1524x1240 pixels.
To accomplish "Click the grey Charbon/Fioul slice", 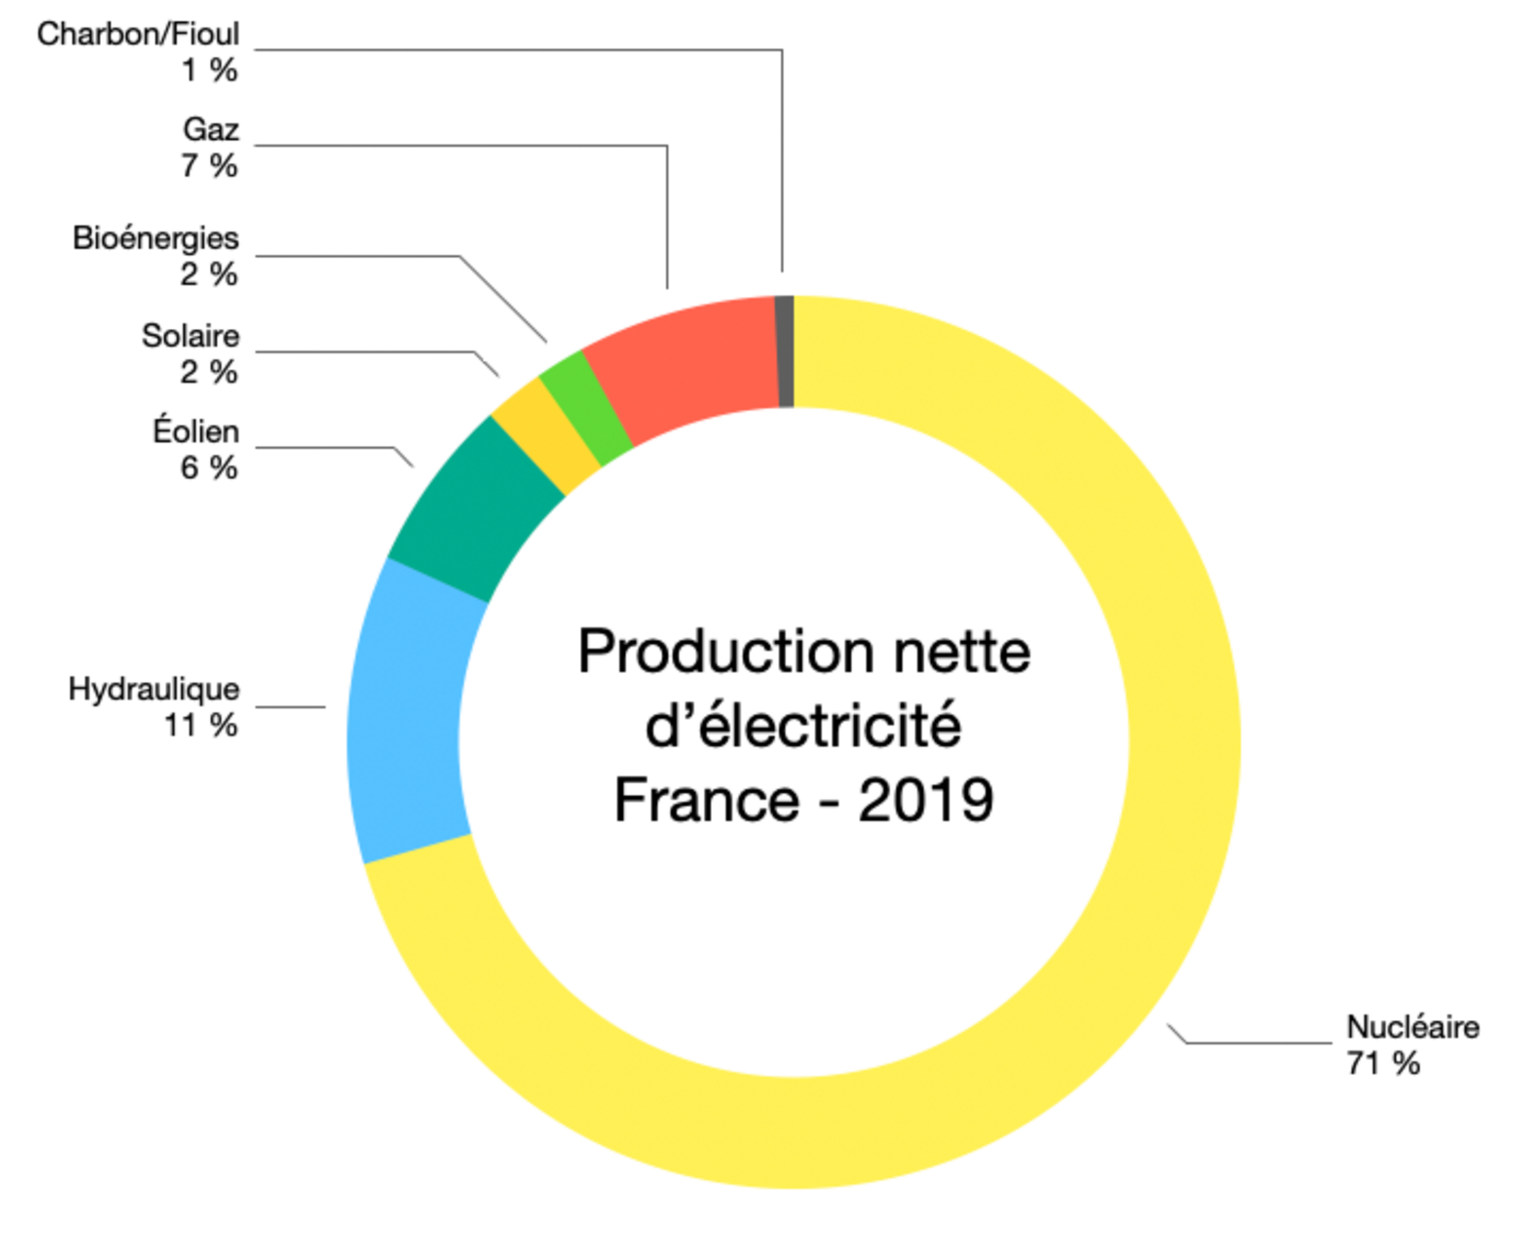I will (784, 352).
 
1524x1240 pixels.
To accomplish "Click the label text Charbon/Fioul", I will (138, 35).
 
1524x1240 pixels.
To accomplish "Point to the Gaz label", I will (211, 130).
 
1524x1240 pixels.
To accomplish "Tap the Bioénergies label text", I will (156, 239).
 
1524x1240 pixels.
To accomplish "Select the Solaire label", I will (190, 336).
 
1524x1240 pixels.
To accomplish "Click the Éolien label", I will (196, 431).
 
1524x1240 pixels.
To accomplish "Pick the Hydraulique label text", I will (154, 690).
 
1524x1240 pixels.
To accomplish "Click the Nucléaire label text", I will (1412, 1027).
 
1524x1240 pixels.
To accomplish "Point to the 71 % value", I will (1383, 1063).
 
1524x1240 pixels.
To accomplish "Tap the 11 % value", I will (201, 726).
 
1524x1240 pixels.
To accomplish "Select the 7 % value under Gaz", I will (209, 165).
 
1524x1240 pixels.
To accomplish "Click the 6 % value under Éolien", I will (209, 468).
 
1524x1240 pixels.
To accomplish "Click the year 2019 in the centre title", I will (925, 800).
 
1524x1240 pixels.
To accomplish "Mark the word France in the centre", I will (706, 800).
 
